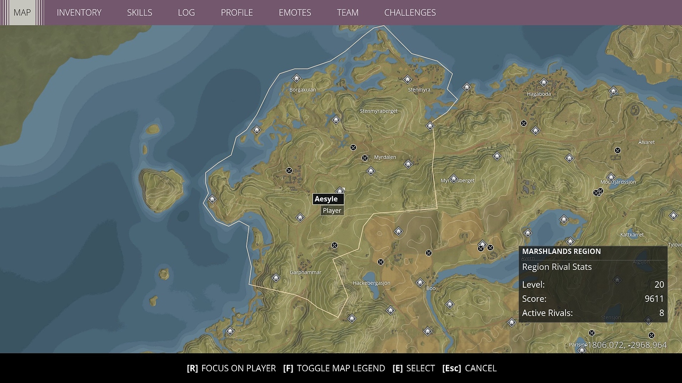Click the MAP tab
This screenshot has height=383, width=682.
[22, 12]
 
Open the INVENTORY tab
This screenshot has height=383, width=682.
[79, 13]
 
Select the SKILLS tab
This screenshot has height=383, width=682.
[139, 13]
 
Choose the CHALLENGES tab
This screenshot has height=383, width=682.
[410, 13]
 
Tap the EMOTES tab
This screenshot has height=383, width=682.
[295, 13]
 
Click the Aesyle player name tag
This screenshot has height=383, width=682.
[327, 199]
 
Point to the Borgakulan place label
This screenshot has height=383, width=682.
[302, 90]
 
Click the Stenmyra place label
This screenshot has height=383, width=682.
[419, 90]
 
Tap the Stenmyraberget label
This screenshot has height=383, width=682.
[379, 111]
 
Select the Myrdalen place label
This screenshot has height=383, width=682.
[385, 157]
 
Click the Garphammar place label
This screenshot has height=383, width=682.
[305, 272]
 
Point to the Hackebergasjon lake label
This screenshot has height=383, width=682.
[371, 283]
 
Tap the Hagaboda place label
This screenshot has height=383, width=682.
[539, 94]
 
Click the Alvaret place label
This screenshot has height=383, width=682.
[646, 142]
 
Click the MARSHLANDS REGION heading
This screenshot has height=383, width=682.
[561, 251]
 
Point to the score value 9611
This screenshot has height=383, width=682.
[654, 299]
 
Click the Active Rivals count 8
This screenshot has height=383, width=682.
[661, 313]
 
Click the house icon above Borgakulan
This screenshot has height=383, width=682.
[297, 78]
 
